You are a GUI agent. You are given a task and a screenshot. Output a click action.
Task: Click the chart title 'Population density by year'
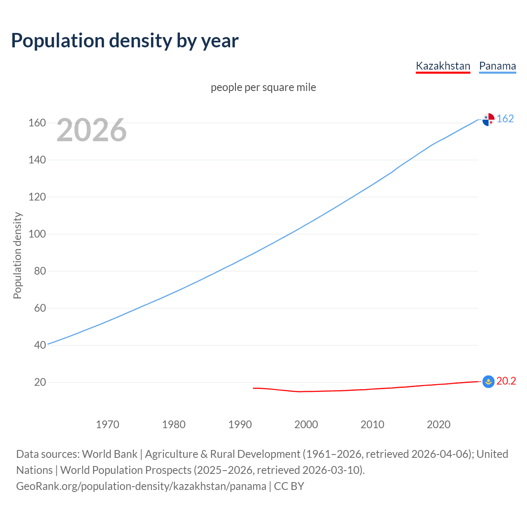click(x=125, y=41)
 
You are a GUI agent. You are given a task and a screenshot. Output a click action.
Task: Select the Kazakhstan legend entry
click(x=443, y=66)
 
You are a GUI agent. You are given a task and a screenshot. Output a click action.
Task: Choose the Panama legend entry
click(x=497, y=66)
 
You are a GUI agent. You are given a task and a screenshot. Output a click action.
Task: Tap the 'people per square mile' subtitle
click(x=263, y=87)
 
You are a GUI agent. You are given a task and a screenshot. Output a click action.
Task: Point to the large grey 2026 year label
click(x=91, y=130)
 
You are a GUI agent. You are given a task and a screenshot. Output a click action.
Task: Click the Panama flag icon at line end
click(x=488, y=119)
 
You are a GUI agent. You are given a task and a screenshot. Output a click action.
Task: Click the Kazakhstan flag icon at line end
click(x=488, y=382)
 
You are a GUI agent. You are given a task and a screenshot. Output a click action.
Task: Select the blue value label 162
click(x=505, y=119)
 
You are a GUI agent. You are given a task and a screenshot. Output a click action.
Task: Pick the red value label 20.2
click(x=506, y=381)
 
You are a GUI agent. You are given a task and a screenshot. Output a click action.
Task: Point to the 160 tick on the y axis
click(x=37, y=123)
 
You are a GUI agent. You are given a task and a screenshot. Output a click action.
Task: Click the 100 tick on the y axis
click(x=37, y=234)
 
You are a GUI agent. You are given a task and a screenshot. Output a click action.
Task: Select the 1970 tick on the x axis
click(x=107, y=424)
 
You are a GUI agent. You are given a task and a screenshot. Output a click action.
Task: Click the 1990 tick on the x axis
click(x=240, y=424)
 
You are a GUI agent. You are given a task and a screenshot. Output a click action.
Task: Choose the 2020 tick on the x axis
click(x=438, y=424)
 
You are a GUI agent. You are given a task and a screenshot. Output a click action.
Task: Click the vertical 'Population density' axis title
click(x=17, y=255)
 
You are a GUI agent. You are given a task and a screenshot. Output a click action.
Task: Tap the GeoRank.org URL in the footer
click(x=141, y=486)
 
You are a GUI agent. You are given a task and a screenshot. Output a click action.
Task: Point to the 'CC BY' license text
click(x=289, y=486)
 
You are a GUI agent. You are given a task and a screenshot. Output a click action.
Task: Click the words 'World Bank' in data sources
click(x=110, y=454)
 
